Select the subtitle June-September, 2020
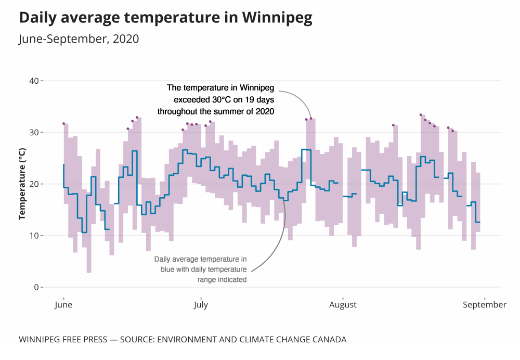tap(79, 39)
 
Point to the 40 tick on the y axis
tap(34, 81)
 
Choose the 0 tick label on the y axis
tap(36, 287)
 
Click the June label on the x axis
tap(63, 305)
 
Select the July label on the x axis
tap(200, 305)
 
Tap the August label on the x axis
tap(343, 305)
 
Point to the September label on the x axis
tap(485, 305)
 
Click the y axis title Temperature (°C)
tap(22, 184)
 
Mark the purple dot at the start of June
tap(63, 123)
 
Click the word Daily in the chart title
tap(38, 18)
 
